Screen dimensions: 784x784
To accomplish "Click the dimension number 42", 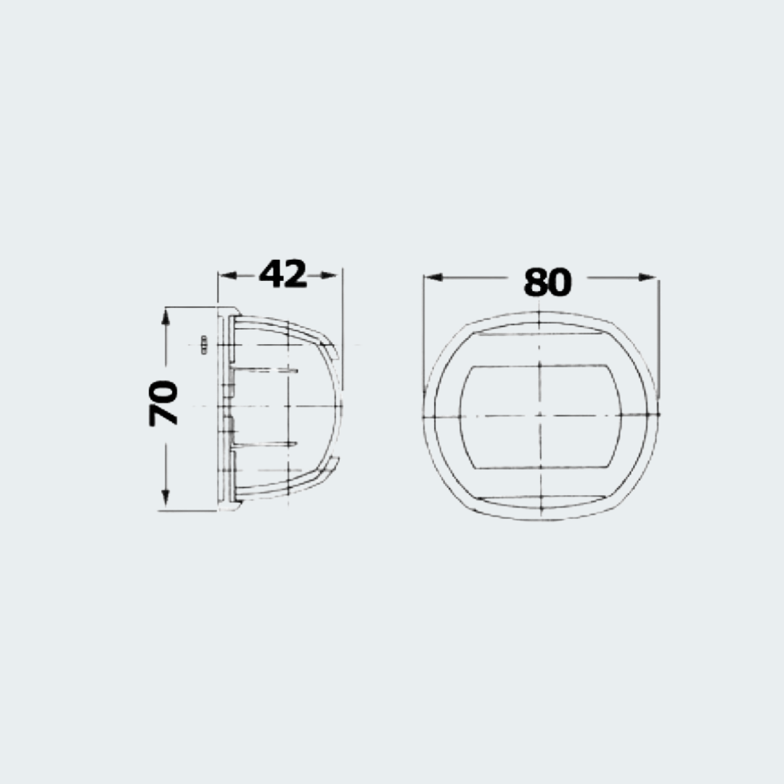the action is [x=283, y=274].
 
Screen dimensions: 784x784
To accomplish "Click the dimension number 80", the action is [x=547, y=282].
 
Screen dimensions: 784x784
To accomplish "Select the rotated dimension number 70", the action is [x=163, y=403].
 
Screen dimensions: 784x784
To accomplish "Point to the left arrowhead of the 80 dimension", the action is [x=433, y=277].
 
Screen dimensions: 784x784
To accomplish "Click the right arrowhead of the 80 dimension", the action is [x=647, y=277].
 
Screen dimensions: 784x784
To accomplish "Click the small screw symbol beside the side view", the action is [x=204, y=345].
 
